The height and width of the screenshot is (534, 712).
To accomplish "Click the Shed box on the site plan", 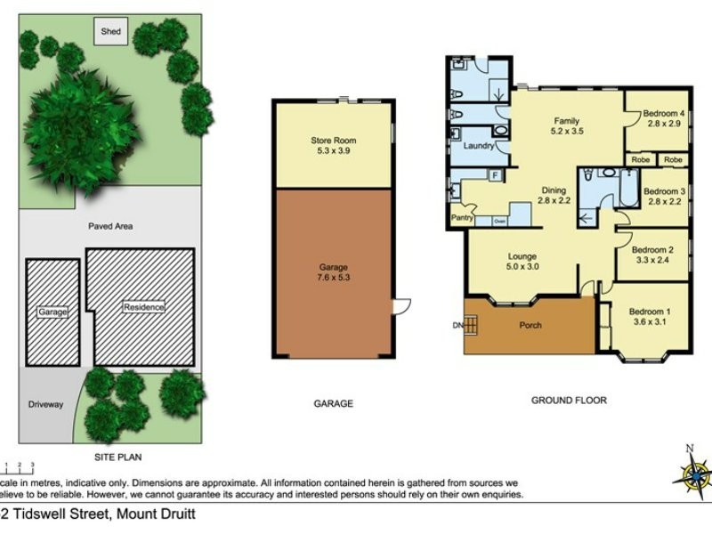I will pyautogui.click(x=110, y=32).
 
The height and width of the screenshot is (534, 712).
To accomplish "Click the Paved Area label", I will pyautogui.click(x=110, y=227).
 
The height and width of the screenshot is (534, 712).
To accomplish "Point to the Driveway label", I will pyautogui.click(x=46, y=405).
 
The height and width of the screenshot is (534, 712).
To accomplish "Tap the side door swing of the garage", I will pyautogui.click(x=403, y=305).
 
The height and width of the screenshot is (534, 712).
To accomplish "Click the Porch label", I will pyautogui.click(x=530, y=325).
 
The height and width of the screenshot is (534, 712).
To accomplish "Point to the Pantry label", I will pyautogui.click(x=462, y=217).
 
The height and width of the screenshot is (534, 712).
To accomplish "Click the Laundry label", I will pyautogui.click(x=478, y=145).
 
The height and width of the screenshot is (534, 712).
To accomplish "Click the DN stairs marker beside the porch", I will pyautogui.click(x=457, y=325).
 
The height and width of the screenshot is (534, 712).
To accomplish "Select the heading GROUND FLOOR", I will pyautogui.click(x=569, y=400).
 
